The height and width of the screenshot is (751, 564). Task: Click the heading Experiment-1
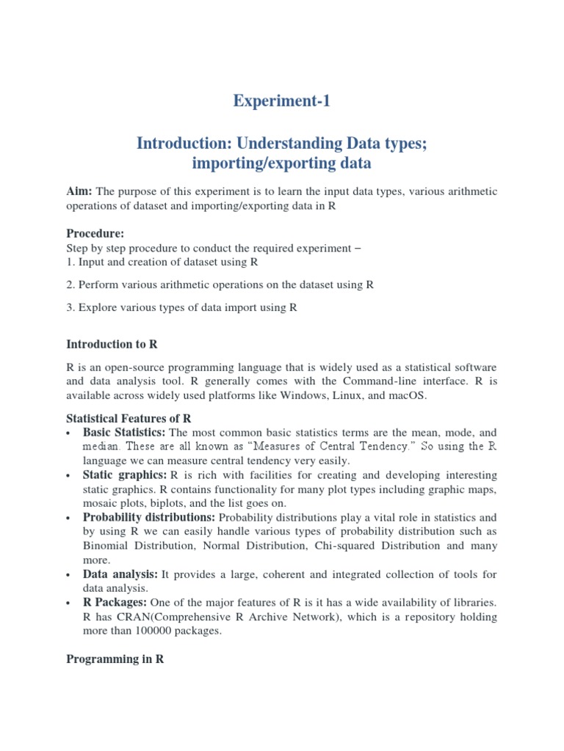pyautogui.click(x=282, y=101)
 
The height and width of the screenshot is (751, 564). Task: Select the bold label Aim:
pyautogui.click(x=79, y=191)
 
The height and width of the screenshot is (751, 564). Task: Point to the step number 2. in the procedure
pyautogui.click(x=71, y=284)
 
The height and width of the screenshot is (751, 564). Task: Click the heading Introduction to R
pyautogui.click(x=112, y=343)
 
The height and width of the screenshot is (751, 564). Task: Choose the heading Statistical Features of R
pyautogui.click(x=129, y=418)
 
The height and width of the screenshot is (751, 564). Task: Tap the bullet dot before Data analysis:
pyautogui.click(x=69, y=574)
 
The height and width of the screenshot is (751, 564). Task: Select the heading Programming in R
pyautogui.click(x=115, y=659)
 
